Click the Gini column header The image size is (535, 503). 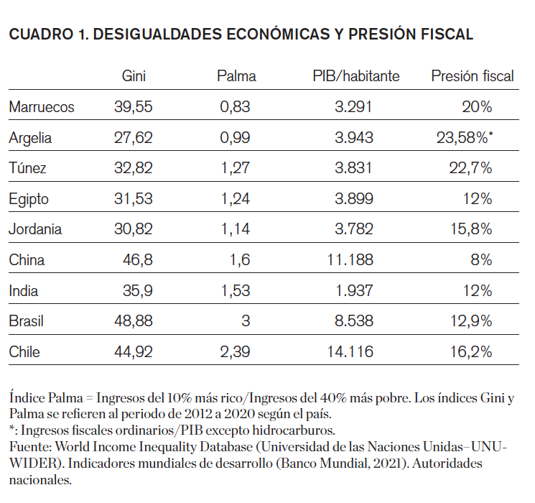pos(134,75)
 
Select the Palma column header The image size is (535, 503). pos(236,75)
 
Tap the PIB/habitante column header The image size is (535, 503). pos(356,75)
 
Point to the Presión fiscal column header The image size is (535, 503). pos(473,75)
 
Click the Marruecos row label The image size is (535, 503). pos(42,107)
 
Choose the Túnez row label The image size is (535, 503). pos(28,168)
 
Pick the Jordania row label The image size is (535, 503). pos(36,229)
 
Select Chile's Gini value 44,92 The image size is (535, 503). pos(134,352)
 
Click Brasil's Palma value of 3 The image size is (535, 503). pos(246,321)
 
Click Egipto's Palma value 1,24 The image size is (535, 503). pos(236,199)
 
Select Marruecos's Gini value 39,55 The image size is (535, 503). pos(134,107)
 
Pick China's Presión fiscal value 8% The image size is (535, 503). pos(480,260)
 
